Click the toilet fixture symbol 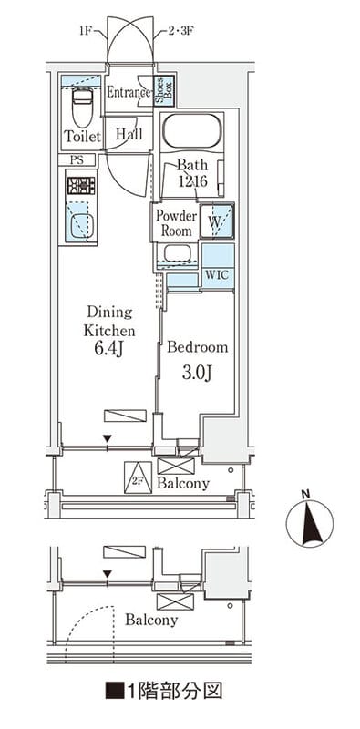[83, 107]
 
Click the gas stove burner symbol [81, 186]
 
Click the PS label [77, 160]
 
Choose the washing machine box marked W [217, 221]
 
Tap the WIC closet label [217, 275]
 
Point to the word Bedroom [198, 347]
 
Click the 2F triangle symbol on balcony [139, 477]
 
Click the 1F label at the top [86, 32]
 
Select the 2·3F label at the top [180, 32]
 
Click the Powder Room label [176, 223]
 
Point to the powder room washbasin [177, 254]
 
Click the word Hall [129, 134]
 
